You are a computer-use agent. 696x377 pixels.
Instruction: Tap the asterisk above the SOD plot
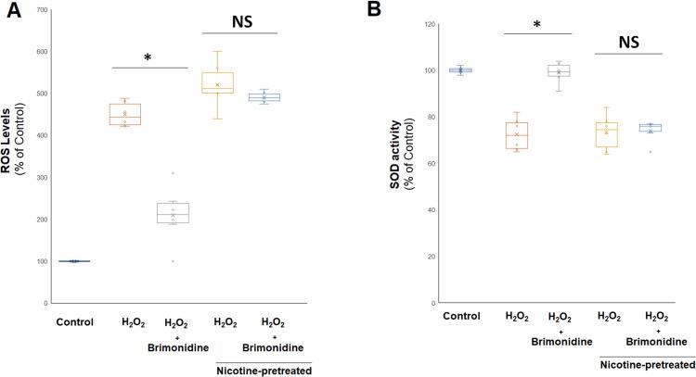(536, 24)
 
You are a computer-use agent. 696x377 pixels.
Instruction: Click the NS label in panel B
(626, 41)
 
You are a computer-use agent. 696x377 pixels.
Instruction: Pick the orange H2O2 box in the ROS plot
(125, 114)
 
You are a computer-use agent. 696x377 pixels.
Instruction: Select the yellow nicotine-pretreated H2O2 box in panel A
(217, 82)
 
